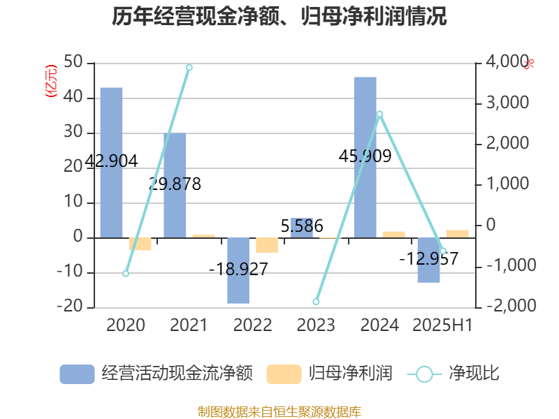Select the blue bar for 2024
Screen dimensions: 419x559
tap(365, 157)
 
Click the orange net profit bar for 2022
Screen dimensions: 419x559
tap(267, 245)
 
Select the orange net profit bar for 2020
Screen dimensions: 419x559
tap(140, 244)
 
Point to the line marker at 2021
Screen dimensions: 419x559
tap(189, 68)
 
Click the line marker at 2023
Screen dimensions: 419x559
tap(316, 302)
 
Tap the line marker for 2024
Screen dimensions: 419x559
tap(379, 114)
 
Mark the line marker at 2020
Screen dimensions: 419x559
tap(126, 274)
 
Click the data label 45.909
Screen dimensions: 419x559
tap(364, 156)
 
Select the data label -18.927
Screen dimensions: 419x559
tap(238, 269)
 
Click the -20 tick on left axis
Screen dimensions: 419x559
tap(71, 307)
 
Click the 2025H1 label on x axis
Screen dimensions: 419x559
tap(442, 325)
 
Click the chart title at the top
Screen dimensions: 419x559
tap(279, 15)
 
